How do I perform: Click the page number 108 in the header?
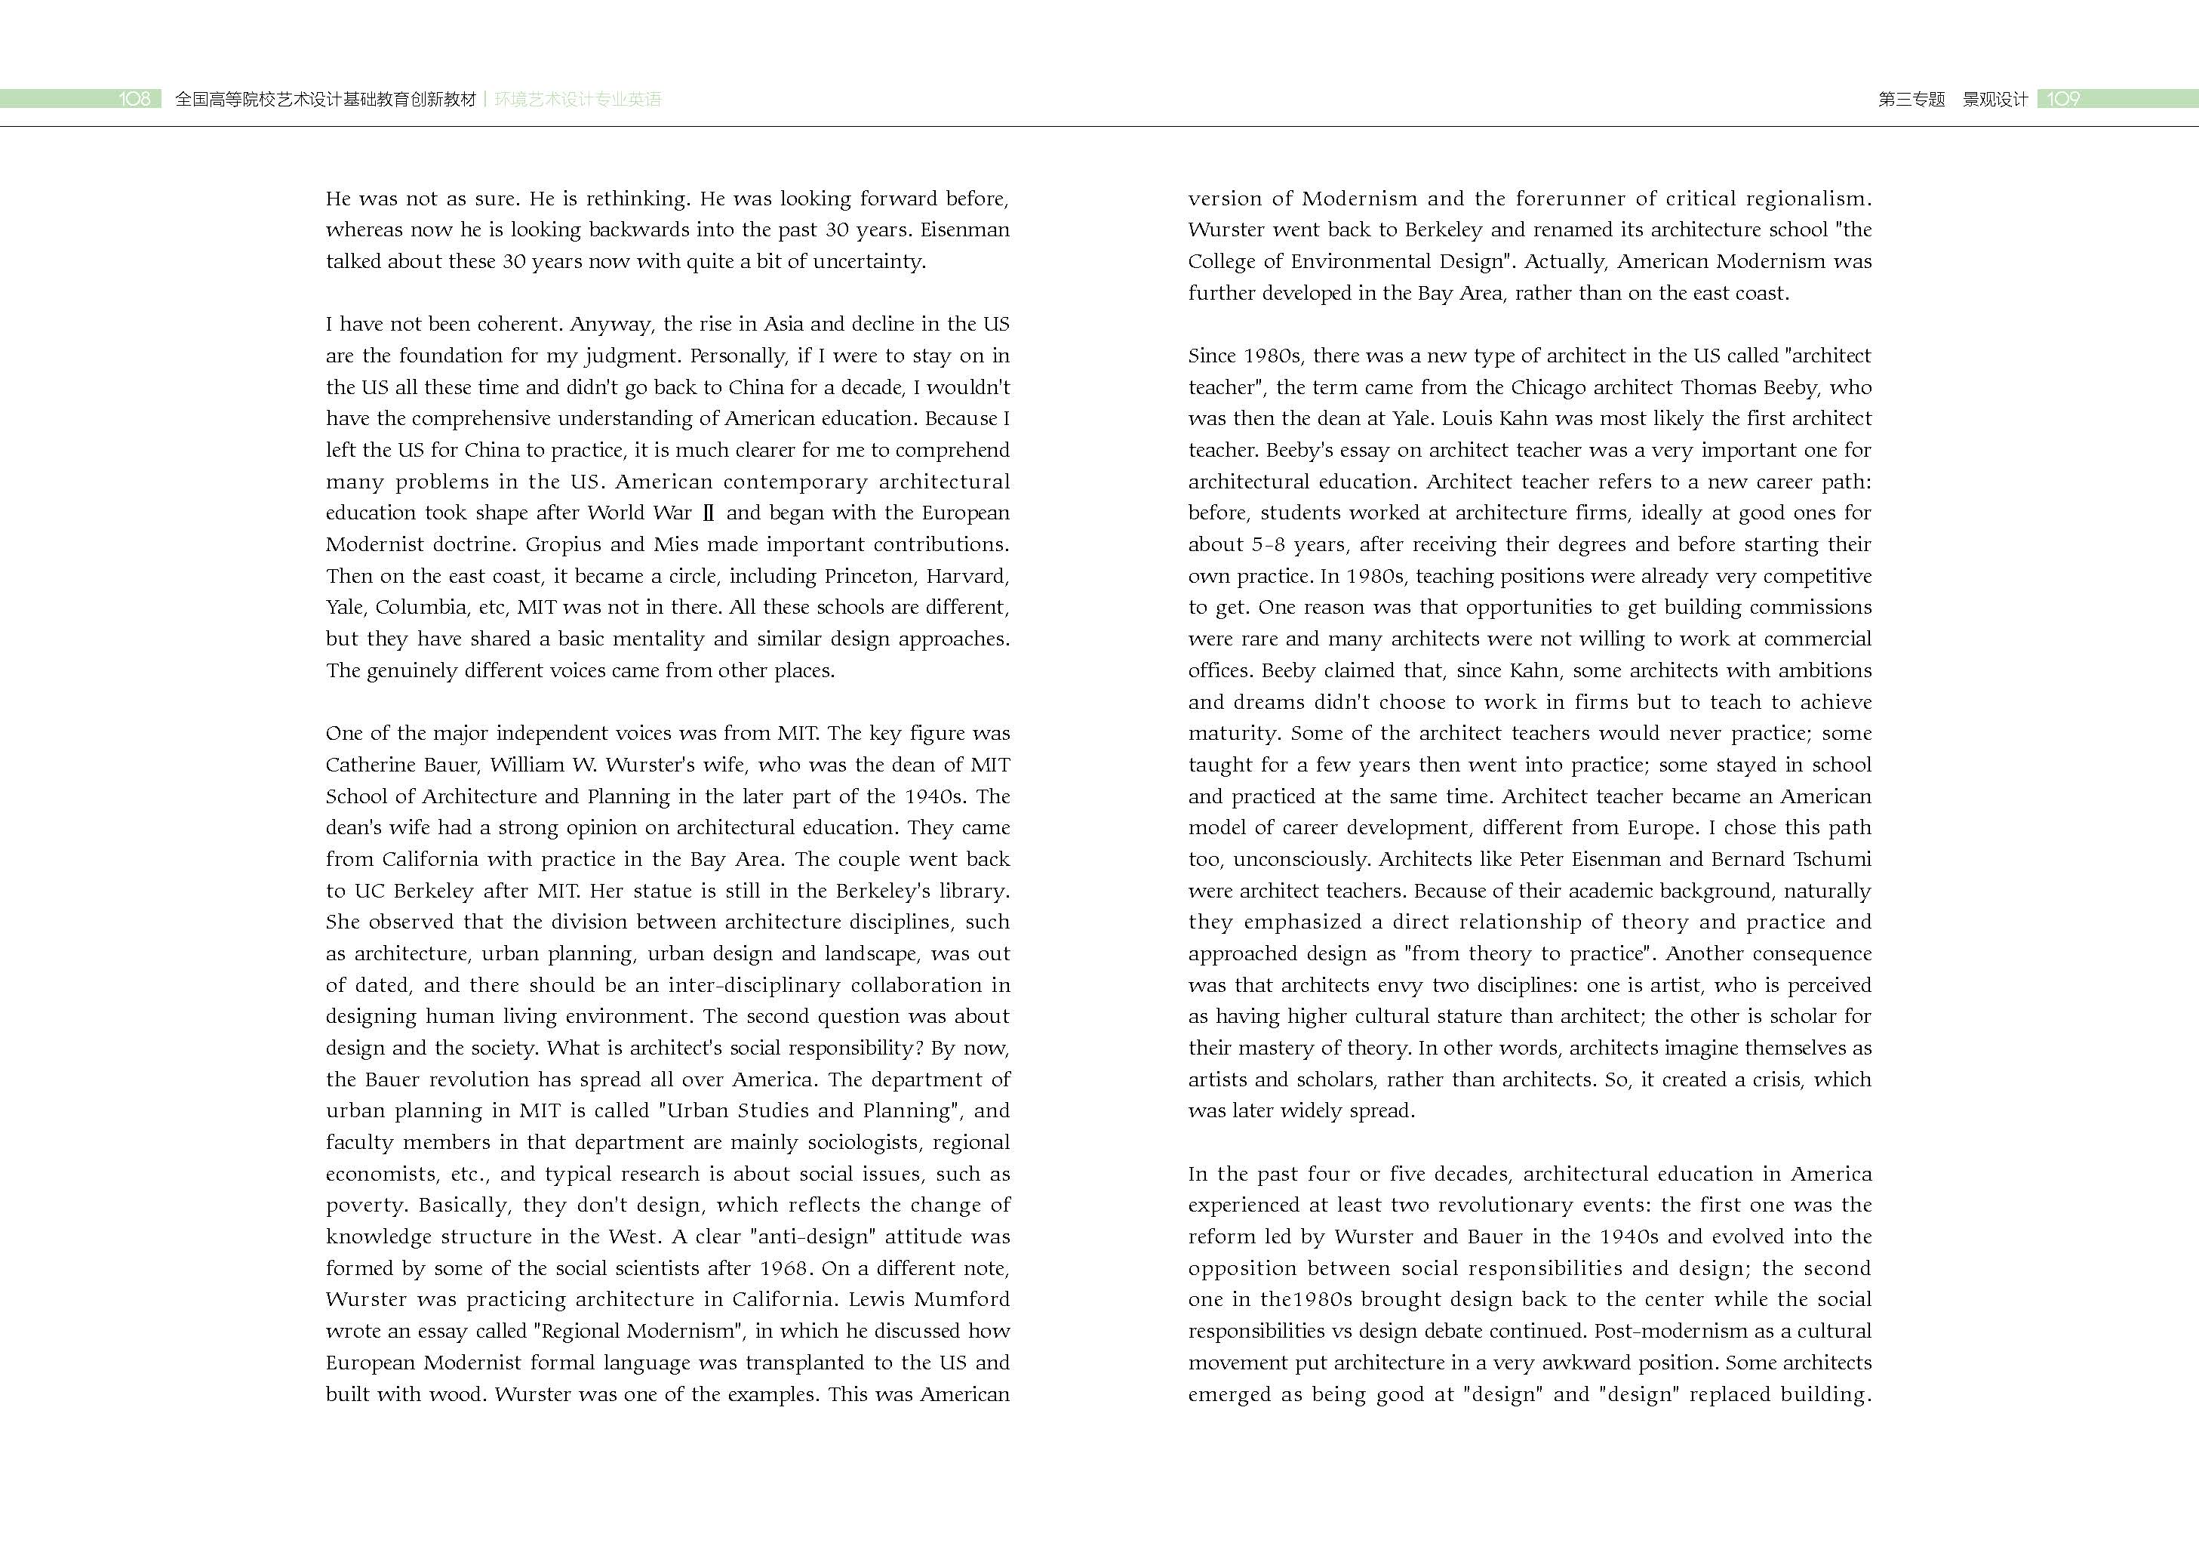[x=134, y=99]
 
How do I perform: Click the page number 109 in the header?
[x=2063, y=99]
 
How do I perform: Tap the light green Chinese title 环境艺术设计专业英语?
[x=577, y=99]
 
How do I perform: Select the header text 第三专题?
[x=1911, y=99]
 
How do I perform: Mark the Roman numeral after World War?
[x=708, y=513]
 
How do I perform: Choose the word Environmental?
[x=1365, y=261]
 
